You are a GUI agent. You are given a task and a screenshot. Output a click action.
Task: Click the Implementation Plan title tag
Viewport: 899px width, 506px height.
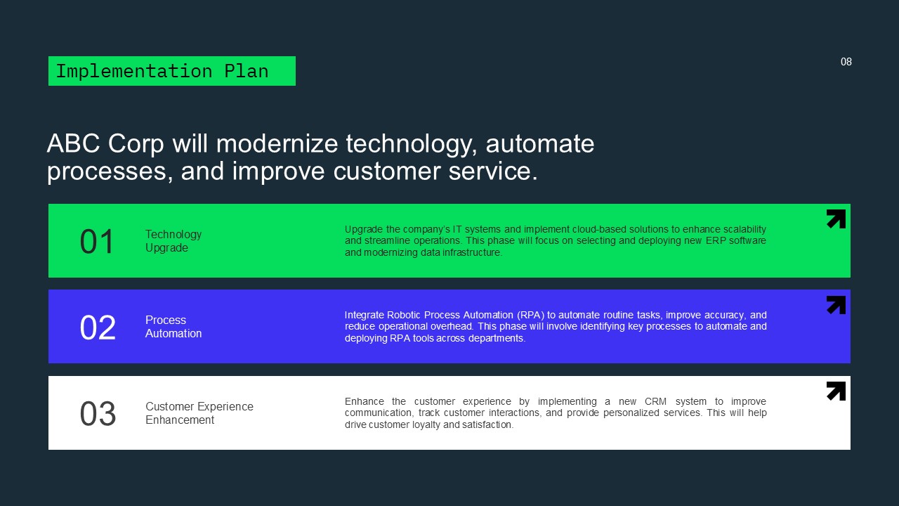tap(171, 71)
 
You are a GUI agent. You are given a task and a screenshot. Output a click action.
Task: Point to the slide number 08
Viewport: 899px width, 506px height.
tap(846, 62)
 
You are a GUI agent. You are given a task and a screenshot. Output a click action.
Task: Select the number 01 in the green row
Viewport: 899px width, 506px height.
tap(97, 242)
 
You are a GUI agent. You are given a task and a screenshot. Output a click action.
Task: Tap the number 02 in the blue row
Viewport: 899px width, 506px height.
tap(97, 327)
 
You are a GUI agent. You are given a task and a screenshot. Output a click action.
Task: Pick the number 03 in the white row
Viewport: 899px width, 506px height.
tap(97, 414)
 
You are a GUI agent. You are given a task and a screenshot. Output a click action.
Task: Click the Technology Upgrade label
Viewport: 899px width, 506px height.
tap(173, 241)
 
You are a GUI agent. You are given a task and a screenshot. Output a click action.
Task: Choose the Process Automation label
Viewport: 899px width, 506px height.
tap(173, 327)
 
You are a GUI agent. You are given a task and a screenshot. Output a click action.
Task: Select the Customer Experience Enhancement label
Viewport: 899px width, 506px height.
tap(199, 413)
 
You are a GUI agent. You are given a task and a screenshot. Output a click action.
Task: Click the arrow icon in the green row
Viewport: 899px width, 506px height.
tap(836, 219)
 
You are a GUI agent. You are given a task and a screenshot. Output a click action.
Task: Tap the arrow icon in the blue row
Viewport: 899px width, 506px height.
tap(836, 305)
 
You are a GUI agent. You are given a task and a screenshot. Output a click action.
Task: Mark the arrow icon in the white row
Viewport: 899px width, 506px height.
tap(836, 391)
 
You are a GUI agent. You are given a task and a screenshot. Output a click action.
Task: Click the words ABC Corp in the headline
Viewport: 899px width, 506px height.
tap(105, 144)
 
